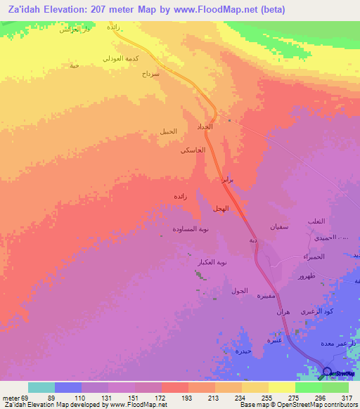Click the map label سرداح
151,73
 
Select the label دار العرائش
72,30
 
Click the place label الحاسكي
193,150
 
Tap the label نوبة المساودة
191,229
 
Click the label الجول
239,290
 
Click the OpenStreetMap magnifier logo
327,372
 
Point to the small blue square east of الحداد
229,120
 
